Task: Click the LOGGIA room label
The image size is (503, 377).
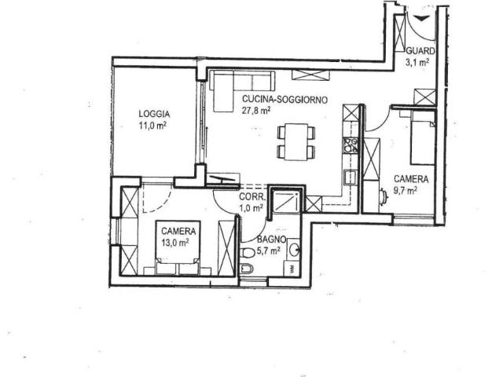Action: pyautogui.click(x=154, y=114)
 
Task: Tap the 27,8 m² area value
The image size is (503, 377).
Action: pyautogui.click(x=255, y=111)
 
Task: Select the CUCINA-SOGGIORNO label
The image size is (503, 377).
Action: pyautogui.click(x=285, y=100)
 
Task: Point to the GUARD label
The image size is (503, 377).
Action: pyautogui.click(x=420, y=51)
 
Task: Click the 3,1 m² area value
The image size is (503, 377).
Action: pyautogui.click(x=417, y=62)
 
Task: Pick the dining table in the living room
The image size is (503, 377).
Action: pyautogui.click(x=296, y=141)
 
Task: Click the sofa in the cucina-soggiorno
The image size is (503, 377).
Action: pyautogui.click(x=242, y=91)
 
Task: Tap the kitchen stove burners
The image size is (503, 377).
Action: pyautogui.click(x=351, y=145)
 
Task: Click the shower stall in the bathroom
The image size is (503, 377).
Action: pyautogui.click(x=286, y=201)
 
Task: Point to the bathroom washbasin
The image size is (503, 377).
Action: pyautogui.click(x=293, y=249)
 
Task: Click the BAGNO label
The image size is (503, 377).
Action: pyautogui.click(x=271, y=239)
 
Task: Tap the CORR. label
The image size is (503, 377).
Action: pyautogui.click(x=252, y=197)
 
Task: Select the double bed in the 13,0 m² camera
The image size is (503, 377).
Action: pyautogui.click(x=178, y=247)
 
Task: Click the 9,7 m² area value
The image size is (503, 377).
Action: pyautogui.click(x=406, y=191)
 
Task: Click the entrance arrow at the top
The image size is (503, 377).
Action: pyautogui.click(x=420, y=18)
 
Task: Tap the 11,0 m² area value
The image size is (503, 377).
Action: pyautogui.click(x=152, y=125)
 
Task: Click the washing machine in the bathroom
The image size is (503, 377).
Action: pyautogui.click(x=292, y=269)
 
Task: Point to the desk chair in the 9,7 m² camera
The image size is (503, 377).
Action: pyautogui.click(x=384, y=197)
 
